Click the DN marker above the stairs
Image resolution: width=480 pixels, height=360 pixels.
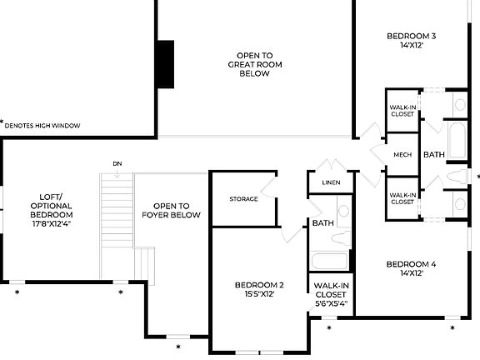[x=117, y=163]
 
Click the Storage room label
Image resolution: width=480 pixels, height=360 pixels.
[x=243, y=199]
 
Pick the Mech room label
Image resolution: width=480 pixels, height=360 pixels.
[x=402, y=155]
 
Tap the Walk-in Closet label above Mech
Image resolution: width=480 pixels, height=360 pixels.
[x=402, y=110]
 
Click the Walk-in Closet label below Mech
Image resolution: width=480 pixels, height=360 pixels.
[x=402, y=198]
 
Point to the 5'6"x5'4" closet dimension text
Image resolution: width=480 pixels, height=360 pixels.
[x=331, y=303]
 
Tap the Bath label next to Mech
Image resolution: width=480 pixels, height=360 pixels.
[x=434, y=155]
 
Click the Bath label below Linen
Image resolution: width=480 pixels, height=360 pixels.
[x=322, y=223]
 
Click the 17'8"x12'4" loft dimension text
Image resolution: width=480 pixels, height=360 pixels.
[x=51, y=223]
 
